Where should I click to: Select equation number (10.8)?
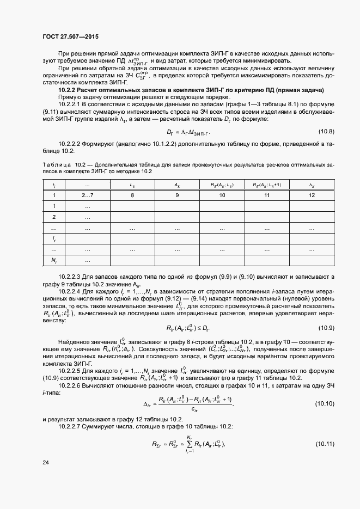326,132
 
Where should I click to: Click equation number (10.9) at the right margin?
326,328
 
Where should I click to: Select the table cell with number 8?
132,195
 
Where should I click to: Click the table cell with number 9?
177,195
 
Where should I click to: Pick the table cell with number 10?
222,195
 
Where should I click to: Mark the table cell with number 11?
267,195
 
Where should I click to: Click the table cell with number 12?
312,195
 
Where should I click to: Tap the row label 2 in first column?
54,217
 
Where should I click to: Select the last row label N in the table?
54,261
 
